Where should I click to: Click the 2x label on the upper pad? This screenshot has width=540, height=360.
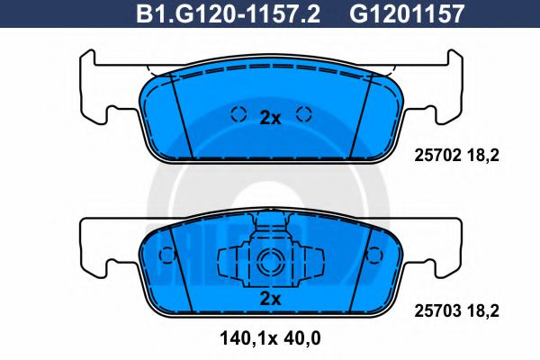point(270,117)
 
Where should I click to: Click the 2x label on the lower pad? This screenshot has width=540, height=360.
point(270,298)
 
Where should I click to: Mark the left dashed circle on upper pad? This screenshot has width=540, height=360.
point(238,114)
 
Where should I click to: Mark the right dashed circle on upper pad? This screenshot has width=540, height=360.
point(303,114)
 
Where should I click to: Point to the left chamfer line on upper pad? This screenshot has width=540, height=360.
point(179,112)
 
